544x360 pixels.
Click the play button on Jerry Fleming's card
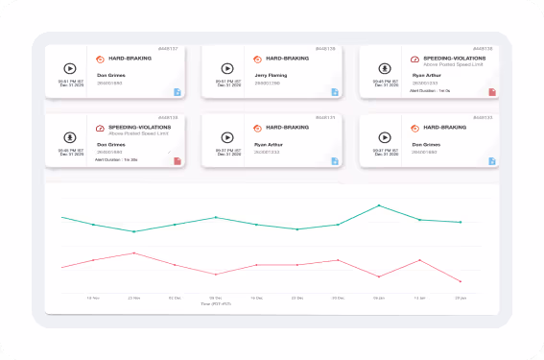[x=227, y=68]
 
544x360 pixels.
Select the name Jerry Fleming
[x=272, y=74]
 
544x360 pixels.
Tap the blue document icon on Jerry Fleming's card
[x=335, y=92]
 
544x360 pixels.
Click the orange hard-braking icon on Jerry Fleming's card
[x=258, y=58]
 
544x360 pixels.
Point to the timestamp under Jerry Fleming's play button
[x=226, y=84]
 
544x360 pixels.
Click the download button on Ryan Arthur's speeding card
[x=384, y=68]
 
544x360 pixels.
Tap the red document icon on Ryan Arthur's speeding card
[x=492, y=92]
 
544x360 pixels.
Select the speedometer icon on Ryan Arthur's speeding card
[x=414, y=58]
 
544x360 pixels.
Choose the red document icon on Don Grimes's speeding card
[x=177, y=160]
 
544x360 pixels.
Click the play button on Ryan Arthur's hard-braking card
[x=227, y=136]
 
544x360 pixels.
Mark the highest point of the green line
[x=379, y=205]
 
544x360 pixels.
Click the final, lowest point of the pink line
[x=461, y=281]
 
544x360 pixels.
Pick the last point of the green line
[x=461, y=222]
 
